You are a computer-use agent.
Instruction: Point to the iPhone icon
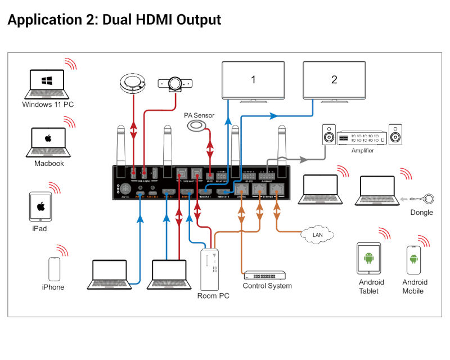click(53, 269)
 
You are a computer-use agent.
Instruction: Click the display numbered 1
click(253, 80)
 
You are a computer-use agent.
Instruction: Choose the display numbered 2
click(334, 80)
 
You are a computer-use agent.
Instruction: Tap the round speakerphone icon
click(132, 84)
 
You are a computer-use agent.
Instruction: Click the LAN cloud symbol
click(317, 233)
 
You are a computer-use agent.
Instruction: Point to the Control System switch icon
click(264, 276)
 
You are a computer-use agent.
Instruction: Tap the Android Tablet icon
click(369, 258)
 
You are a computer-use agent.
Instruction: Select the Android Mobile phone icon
click(414, 260)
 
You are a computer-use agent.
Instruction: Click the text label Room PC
click(213, 296)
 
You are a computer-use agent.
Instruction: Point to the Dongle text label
click(422, 213)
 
